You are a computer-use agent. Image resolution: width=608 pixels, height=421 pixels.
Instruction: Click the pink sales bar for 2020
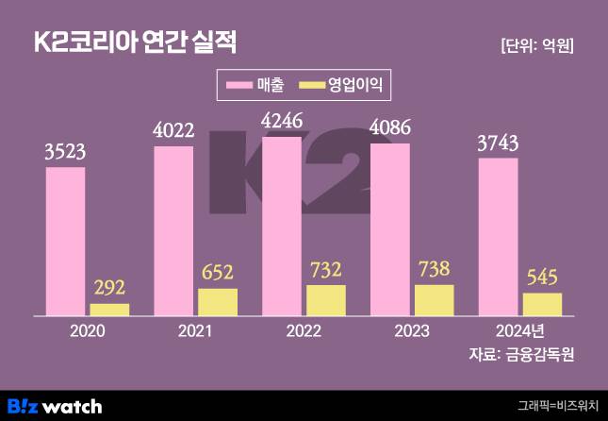pos(65,242)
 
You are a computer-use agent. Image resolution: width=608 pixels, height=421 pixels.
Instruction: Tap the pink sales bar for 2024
pos(499,236)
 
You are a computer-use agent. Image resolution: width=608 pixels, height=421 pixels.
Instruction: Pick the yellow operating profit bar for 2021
pos(218,302)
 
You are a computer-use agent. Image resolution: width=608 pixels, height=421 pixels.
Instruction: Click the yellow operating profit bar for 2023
pos(435,300)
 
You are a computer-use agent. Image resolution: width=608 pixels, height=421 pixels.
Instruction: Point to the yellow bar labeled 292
pos(109,310)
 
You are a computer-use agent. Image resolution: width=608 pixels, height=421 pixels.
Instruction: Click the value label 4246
pos(282,121)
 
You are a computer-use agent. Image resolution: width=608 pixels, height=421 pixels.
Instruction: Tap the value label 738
pos(435,270)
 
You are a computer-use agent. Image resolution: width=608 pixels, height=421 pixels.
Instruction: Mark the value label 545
pos(542,278)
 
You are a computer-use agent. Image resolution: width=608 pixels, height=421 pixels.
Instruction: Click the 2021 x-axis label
pos(195,331)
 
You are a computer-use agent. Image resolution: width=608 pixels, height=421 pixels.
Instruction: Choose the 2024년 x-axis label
pos(520,331)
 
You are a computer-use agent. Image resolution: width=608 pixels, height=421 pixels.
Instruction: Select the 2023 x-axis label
pos(412,331)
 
